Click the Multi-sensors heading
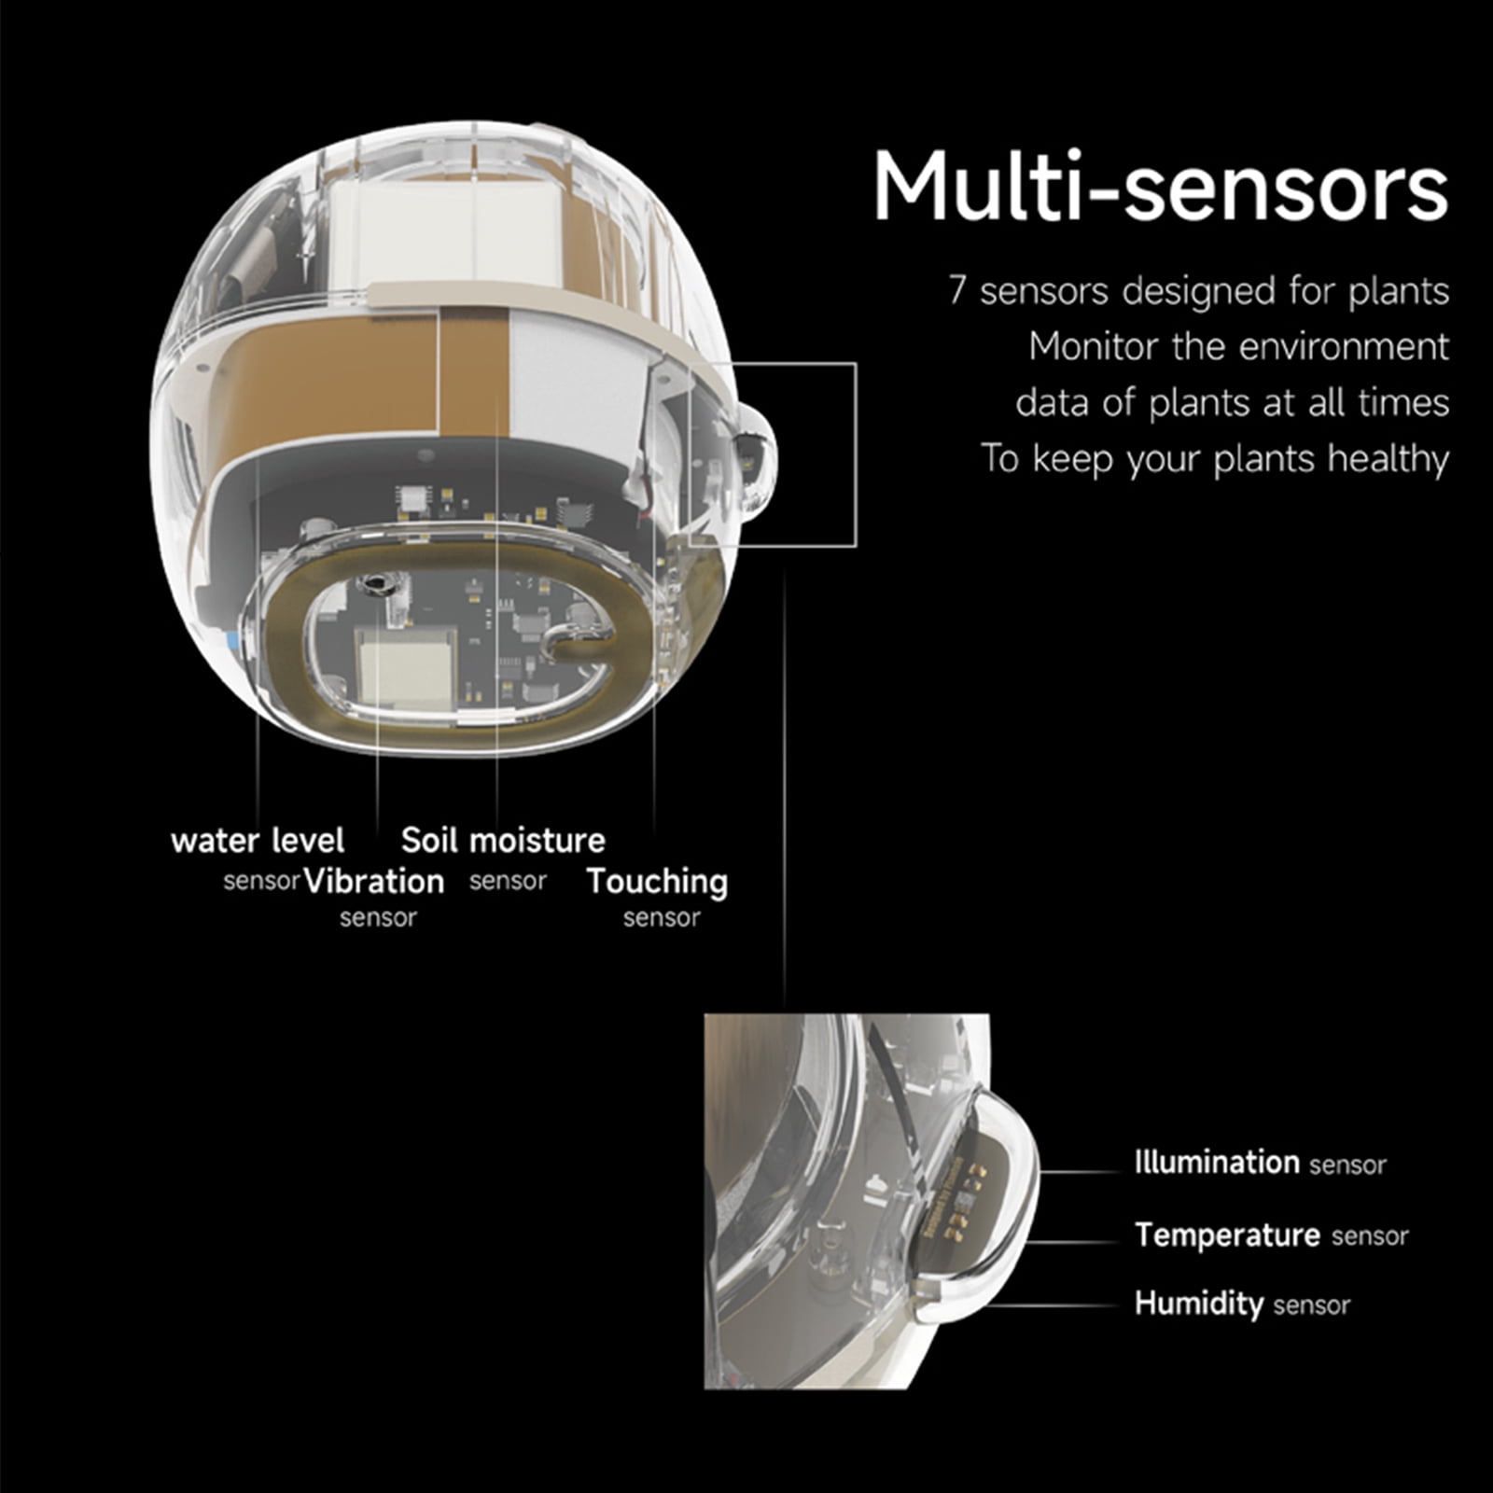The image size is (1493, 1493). pos(1160,187)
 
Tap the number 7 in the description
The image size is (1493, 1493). pos(956,291)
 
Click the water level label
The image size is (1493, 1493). pos(258,840)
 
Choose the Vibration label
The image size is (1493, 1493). pos(374,881)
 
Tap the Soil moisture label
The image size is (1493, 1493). pos(503,840)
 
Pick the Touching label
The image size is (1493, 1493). pos(658,882)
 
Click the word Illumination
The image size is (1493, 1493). pos(1217,1162)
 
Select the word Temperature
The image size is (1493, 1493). pos(1228,1235)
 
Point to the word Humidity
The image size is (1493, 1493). pos(1199,1303)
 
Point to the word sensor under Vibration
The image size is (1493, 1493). pos(378,918)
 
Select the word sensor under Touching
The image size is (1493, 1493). pos(662,918)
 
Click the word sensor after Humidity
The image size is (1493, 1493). pos(1311,1305)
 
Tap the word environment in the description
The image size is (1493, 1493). pos(1346,347)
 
